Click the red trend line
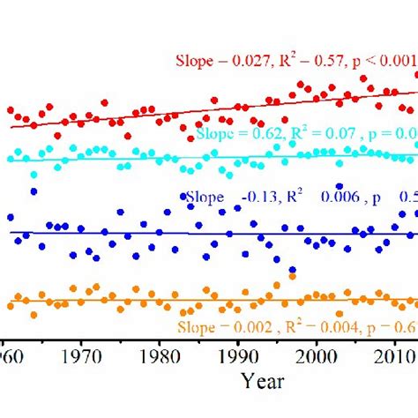pos(176,110)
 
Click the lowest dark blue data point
pos(292,271)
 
